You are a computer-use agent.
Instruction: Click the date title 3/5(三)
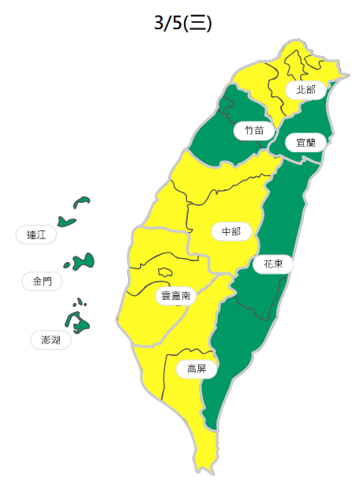point(182,24)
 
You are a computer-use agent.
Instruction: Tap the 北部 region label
point(306,90)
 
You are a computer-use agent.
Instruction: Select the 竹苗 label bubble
point(254,130)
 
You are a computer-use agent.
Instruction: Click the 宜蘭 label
point(305,143)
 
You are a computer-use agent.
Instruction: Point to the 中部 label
point(231,231)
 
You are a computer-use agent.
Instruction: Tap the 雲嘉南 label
point(175,296)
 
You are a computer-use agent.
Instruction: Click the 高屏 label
point(197,369)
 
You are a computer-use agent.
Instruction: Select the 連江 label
point(36,234)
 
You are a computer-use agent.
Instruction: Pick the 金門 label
point(43,281)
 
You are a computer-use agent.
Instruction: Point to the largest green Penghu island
point(77,320)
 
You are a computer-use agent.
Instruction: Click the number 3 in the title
point(158,24)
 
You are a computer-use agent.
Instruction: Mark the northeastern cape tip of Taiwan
point(344,72)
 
